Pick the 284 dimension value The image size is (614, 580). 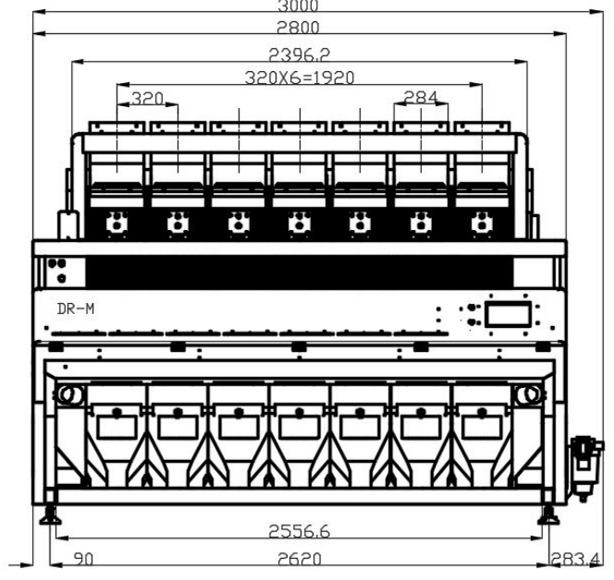click(x=421, y=97)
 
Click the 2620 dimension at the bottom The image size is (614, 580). click(x=299, y=559)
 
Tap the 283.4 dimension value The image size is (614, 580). click(x=574, y=559)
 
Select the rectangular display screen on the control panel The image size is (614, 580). click(x=508, y=314)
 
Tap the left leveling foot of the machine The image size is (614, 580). click(x=51, y=514)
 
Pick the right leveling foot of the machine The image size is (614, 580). click(x=549, y=514)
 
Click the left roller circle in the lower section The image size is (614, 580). click(x=69, y=395)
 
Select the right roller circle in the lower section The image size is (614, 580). click(x=530, y=395)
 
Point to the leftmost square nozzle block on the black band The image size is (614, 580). click(x=116, y=223)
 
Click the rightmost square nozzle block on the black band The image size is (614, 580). click(x=480, y=223)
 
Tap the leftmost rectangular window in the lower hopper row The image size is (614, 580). click(x=117, y=427)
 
